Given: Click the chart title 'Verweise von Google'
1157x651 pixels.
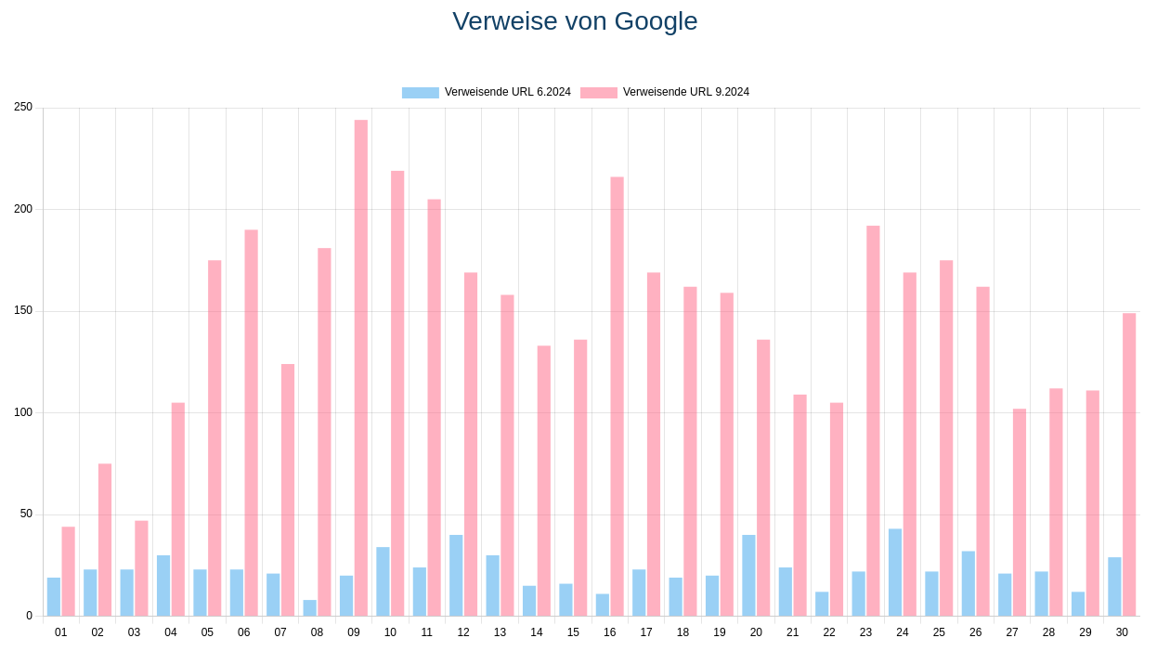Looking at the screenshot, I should coord(575,21).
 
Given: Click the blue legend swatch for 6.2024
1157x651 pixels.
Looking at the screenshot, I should coord(420,93).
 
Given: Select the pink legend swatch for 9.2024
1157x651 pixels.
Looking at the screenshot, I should coord(598,93).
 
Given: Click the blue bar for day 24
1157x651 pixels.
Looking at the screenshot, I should coord(895,573).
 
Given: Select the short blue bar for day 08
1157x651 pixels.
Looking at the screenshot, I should coord(310,608).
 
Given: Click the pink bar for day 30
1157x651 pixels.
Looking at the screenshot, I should coord(1129,464).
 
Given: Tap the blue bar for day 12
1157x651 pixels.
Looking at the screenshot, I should coord(456,576).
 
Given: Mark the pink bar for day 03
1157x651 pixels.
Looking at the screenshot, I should coord(141,568).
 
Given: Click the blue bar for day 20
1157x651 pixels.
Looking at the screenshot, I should coord(748,576).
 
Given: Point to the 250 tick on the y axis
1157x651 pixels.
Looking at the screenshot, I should coord(23,108).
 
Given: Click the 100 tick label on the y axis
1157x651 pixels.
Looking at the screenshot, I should coord(23,412).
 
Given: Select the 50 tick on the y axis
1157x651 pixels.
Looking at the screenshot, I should coord(26,514).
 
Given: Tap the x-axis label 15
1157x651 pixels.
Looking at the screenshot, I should coord(573,632).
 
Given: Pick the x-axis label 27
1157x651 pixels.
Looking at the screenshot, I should coord(1012,632).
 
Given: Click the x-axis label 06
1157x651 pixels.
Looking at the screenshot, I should coord(243,632).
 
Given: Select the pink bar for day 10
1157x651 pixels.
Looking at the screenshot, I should coord(397,394).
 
